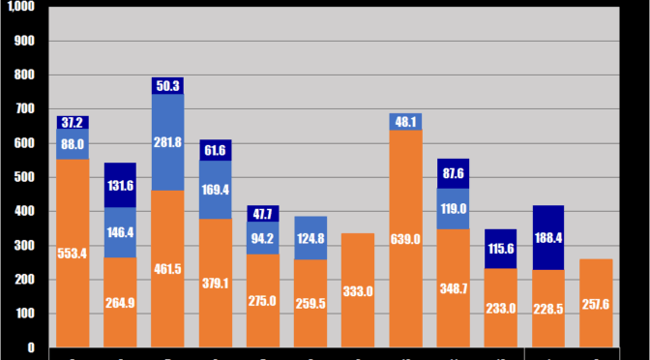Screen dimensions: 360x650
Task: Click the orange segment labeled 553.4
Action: pyautogui.click(x=73, y=253)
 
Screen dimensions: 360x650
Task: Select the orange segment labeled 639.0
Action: pyautogui.click(x=405, y=238)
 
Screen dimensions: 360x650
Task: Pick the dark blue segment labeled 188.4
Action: pyautogui.click(x=548, y=238)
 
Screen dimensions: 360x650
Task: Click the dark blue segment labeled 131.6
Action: pyautogui.click(x=120, y=185)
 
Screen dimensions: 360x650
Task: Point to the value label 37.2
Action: pyautogui.click(x=73, y=122)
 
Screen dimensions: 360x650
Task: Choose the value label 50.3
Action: pyautogui.click(x=167, y=86)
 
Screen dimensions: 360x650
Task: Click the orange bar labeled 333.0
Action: pyautogui.click(x=358, y=290)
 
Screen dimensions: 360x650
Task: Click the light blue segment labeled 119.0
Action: pyautogui.click(x=453, y=208)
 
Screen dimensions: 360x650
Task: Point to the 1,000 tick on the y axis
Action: pyautogui.click(x=20, y=7)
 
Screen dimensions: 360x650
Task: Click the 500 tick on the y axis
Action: pyautogui.click(x=24, y=177)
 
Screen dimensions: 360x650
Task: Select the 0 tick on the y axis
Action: pyautogui.click(x=30, y=347)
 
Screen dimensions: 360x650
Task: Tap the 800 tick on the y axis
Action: pyautogui.click(x=24, y=75)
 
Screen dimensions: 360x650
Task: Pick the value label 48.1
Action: pyautogui.click(x=405, y=122)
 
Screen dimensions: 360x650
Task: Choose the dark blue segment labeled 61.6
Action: pyautogui.click(x=215, y=150)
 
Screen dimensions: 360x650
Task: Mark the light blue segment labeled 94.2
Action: pyautogui.click(x=262, y=238)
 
